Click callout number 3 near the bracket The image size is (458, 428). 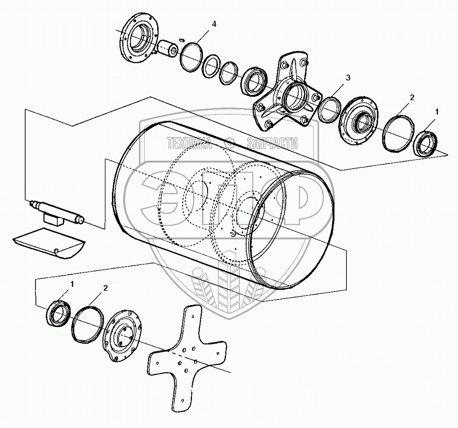tap(348, 77)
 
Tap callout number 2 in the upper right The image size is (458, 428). tap(412, 98)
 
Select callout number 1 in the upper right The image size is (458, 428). tap(437, 112)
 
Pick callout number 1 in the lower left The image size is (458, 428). tap(72, 284)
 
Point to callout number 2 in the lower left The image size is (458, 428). tap(105, 288)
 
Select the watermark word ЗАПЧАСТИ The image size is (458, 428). tap(271, 143)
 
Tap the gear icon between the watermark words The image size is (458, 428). tap(229, 143)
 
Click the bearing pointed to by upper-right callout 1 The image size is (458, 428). tap(425, 143)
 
